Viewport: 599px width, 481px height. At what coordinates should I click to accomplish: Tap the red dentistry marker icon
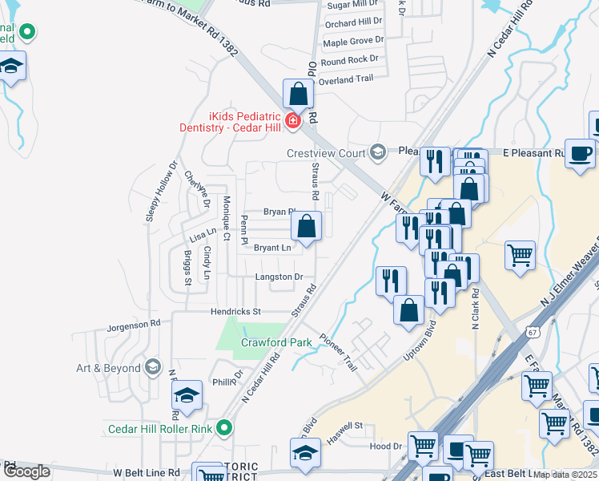pos(293,121)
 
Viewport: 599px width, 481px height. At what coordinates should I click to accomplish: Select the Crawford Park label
pos(276,342)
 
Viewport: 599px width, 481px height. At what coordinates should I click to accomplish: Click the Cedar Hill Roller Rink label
pos(160,429)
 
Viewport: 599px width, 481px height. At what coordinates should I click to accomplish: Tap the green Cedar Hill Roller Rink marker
pos(225,429)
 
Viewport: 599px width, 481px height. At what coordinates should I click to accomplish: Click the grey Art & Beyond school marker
pos(152,368)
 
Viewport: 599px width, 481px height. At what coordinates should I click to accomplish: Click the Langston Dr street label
pos(279,277)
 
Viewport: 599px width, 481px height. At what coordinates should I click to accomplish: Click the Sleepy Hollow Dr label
pos(160,192)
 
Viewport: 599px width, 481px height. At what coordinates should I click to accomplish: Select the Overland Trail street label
pos(346,79)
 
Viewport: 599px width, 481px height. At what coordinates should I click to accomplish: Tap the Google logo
pos(27,471)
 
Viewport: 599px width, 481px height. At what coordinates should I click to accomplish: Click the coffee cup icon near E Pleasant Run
pos(580,152)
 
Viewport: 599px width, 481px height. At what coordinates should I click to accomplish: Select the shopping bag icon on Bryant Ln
pos(306,227)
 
